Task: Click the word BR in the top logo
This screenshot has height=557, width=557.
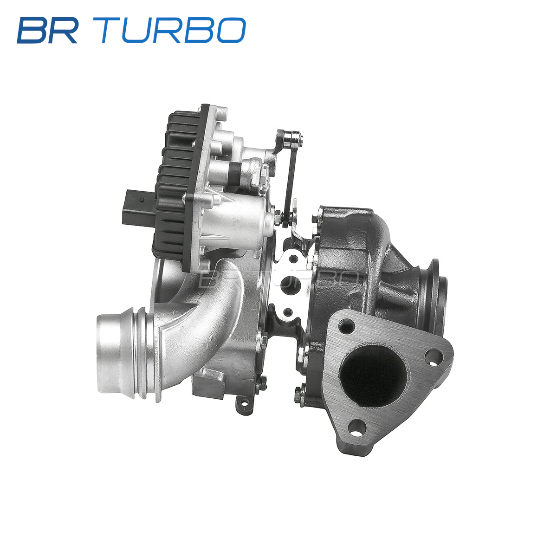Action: coord(47,30)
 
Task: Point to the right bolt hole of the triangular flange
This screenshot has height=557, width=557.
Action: coord(434,357)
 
